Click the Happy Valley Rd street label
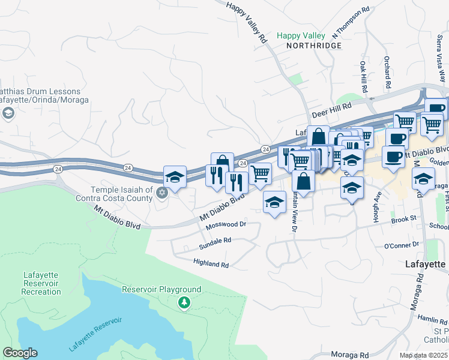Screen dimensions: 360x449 [x=247, y=22]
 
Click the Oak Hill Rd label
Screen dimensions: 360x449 [x=363, y=76]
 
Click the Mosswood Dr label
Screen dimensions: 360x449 [x=226, y=225]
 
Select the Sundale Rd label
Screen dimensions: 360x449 [x=215, y=239]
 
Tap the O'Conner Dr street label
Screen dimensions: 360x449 [x=402, y=245]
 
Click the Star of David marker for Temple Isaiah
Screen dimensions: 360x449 [x=161, y=193]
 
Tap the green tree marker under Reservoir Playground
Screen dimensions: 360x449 [x=184, y=303]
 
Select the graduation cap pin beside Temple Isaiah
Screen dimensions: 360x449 [x=175, y=177]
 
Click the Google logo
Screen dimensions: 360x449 [x=20, y=353]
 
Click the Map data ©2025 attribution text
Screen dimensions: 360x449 [x=423, y=355]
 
